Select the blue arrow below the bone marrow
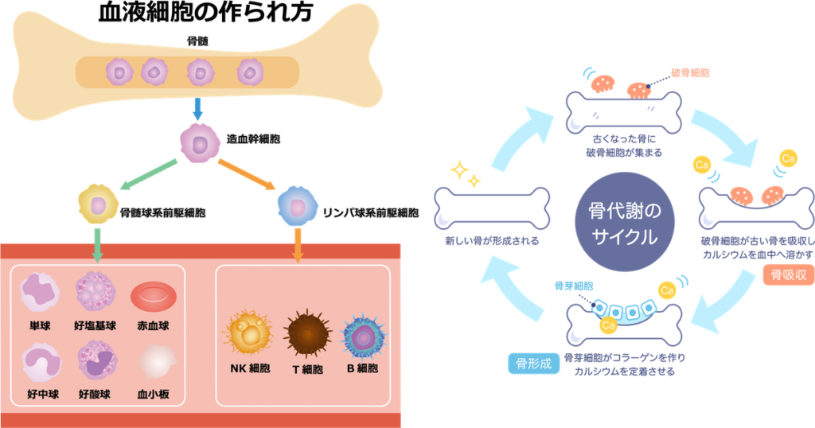pos(198,109)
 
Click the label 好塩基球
pos(96,325)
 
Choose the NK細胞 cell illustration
pos(248,334)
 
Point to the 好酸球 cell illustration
pos(96,363)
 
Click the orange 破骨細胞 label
pos(690,72)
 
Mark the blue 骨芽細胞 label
pos(574,285)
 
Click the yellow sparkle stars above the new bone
pos(465,173)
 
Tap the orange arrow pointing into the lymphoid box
pos(298,246)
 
